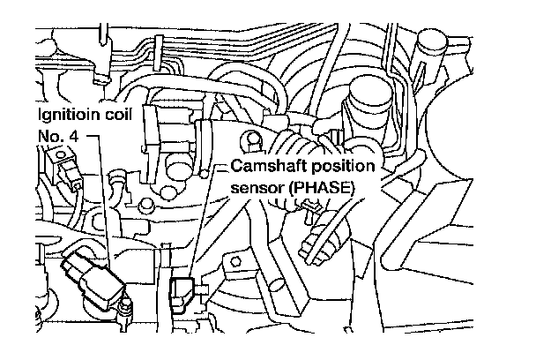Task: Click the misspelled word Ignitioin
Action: click(x=63, y=115)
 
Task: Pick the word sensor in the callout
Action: click(x=257, y=187)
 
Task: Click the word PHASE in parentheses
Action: click(x=325, y=187)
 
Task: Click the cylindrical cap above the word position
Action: click(x=363, y=97)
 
